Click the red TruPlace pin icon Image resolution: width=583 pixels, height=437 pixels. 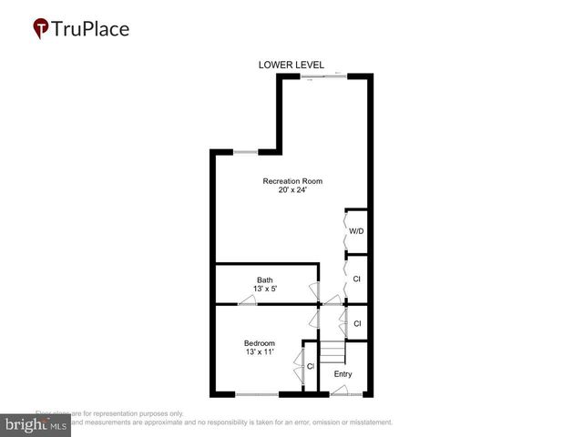[x=41, y=29]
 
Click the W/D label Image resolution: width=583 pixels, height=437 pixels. [x=358, y=231]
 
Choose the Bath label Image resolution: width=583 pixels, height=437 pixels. [x=264, y=280]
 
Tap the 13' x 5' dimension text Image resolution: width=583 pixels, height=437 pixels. [x=264, y=290]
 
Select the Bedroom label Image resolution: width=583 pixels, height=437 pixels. [x=260, y=342]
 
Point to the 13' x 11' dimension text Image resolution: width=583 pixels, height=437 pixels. [x=260, y=351]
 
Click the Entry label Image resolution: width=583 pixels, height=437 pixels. [x=343, y=374]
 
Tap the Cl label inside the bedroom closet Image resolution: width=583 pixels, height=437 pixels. [x=311, y=366]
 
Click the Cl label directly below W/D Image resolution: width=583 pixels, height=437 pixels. [x=357, y=279]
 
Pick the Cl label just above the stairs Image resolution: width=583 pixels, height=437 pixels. [x=357, y=323]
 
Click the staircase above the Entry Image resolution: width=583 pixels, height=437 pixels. [x=333, y=351]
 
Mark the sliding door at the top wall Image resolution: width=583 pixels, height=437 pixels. [x=324, y=76]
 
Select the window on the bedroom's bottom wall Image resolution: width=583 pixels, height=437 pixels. [x=257, y=394]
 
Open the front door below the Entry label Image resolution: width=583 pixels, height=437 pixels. [x=343, y=392]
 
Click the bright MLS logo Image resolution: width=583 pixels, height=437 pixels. [x=36, y=423]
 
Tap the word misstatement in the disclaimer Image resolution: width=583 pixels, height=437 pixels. [x=364, y=422]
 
